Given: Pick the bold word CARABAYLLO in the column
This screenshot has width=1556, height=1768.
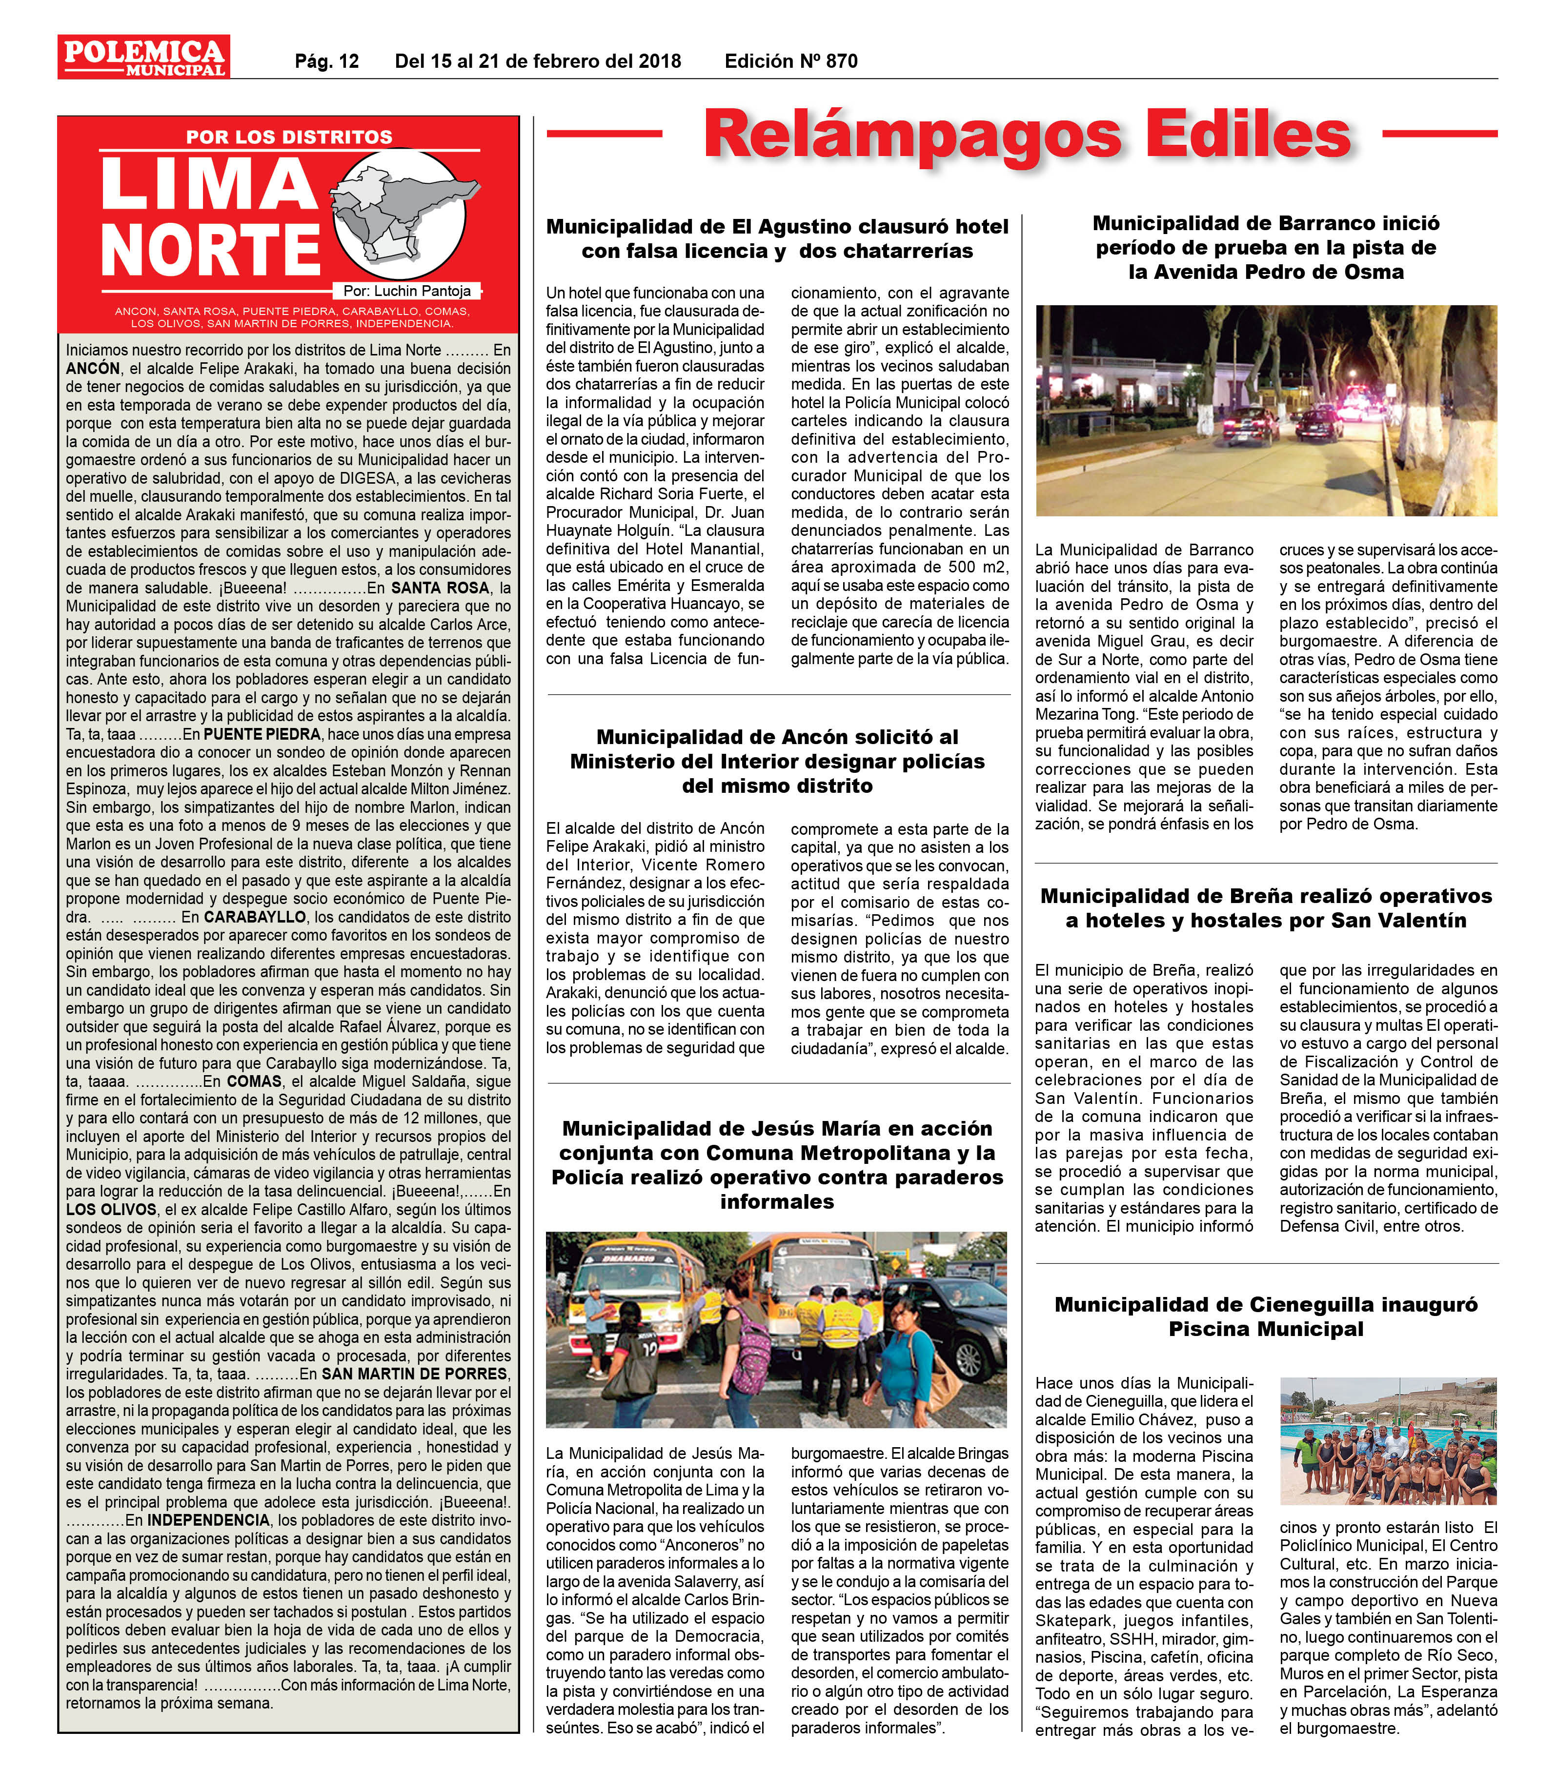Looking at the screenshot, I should pyautogui.click(x=254, y=916).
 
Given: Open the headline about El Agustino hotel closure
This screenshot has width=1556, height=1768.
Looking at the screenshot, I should pyautogui.click(x=777, y=239).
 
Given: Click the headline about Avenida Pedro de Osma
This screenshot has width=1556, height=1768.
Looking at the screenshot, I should pyautogui.click(x=1266, y=247).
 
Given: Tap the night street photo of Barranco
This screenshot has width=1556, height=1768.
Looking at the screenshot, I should pyautogui.click(x=1266, y=410).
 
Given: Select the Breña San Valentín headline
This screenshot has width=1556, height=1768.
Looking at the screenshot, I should pyautogui.click(x=1266, y=907).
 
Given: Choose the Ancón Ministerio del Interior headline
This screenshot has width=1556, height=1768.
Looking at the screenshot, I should pyautogui.click(x=777, y=761).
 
